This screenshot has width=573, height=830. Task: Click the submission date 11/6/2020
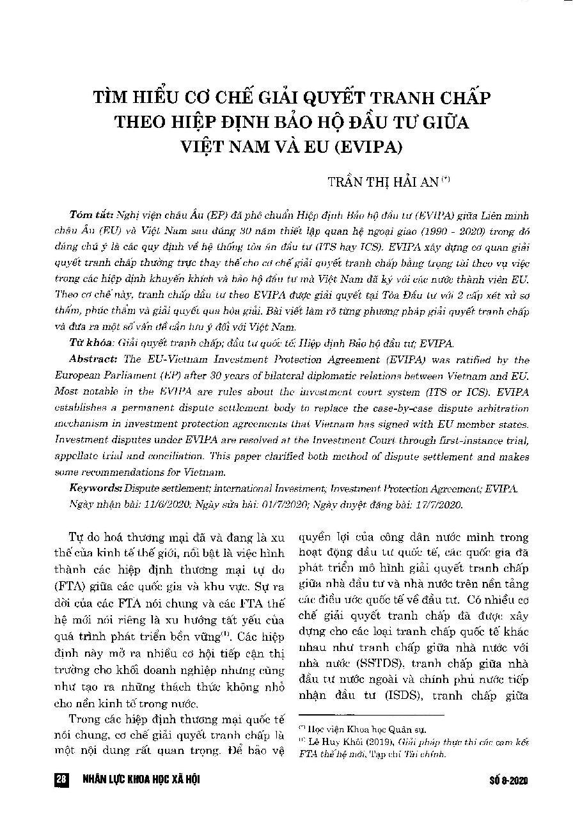(150, 504)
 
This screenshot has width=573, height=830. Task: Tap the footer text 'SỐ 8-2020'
(510, 781)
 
